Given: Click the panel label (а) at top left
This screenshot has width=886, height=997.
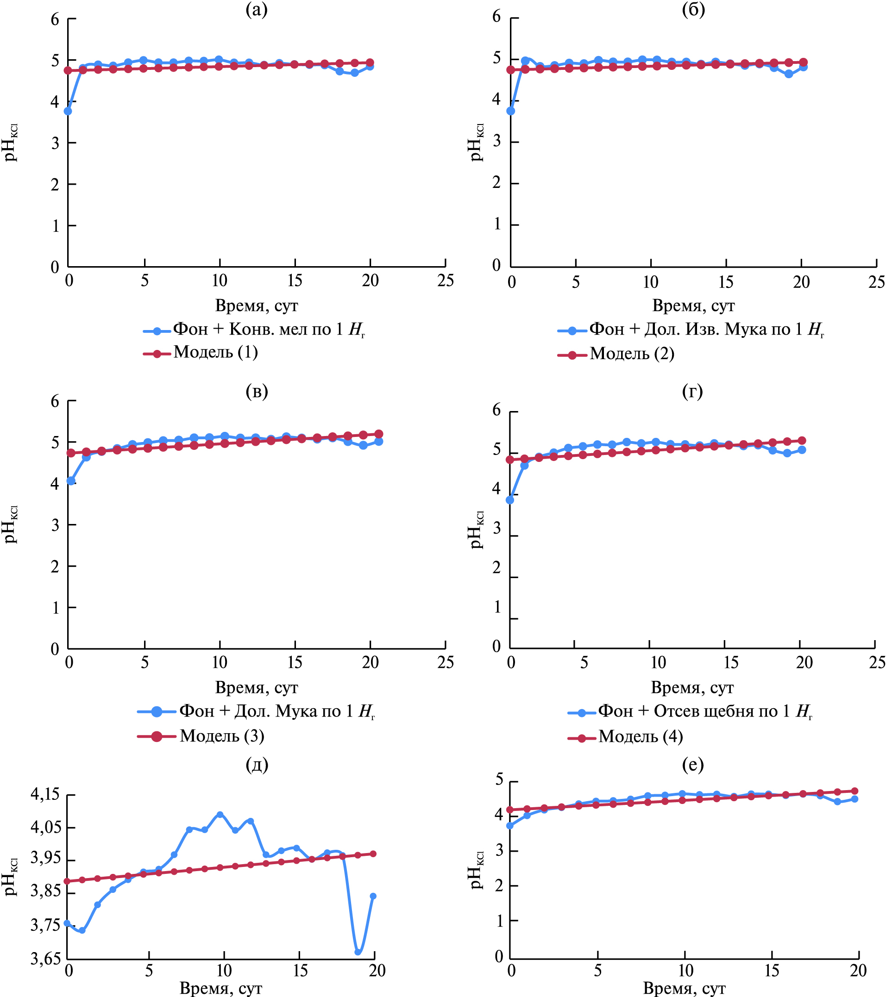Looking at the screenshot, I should click(257, 9).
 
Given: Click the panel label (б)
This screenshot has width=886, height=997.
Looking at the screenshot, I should click(693, 9).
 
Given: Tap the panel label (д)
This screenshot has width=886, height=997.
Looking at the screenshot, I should click(257, 764).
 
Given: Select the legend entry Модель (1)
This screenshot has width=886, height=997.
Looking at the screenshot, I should click(215, 352).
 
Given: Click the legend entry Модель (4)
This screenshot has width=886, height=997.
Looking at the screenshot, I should click(641, 736).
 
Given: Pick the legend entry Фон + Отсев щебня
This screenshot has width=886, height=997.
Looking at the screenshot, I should click(705, 711).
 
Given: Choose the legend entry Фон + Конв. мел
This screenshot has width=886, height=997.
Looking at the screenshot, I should click(269, 330).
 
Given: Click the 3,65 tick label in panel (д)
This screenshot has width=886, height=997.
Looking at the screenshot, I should click(45, 959).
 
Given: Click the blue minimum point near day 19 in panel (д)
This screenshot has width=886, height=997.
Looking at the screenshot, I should click(358, 952).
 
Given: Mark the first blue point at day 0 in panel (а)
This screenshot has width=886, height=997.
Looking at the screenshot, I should click(68, 111).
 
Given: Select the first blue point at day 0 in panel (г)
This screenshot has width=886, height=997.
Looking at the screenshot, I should click(510, 500).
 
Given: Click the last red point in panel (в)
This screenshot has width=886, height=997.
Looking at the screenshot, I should click(379, 434).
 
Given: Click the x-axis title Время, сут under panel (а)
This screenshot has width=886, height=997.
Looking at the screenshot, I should click(256, 306).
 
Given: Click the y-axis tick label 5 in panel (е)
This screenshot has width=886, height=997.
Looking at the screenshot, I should click(499, 779).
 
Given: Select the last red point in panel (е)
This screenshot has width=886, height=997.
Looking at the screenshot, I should click(854, 791).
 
